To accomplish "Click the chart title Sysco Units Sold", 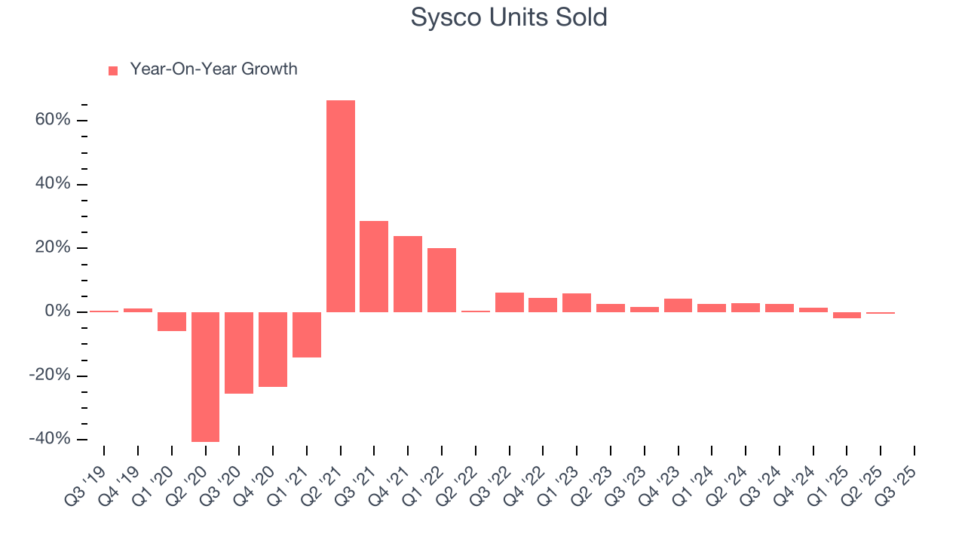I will [x=509, y=17].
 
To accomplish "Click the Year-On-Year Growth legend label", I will [x=213, y=69].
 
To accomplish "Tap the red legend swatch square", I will [x=113, y=70].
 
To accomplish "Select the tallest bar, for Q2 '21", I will [x=341, y=206].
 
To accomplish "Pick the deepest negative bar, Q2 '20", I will [x=205, y=376].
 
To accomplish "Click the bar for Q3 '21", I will [x=374, y=266].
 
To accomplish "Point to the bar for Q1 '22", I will [x=442, y=280].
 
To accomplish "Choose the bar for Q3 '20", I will [x=239, y=352].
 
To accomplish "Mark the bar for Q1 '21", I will [x=307, y=334].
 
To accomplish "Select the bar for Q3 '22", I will [x=509, y=302].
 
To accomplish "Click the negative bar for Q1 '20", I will [x=172, y=321].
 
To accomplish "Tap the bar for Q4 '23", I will [x=678, y=305].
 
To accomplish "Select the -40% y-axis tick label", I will [x=50, y=440].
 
